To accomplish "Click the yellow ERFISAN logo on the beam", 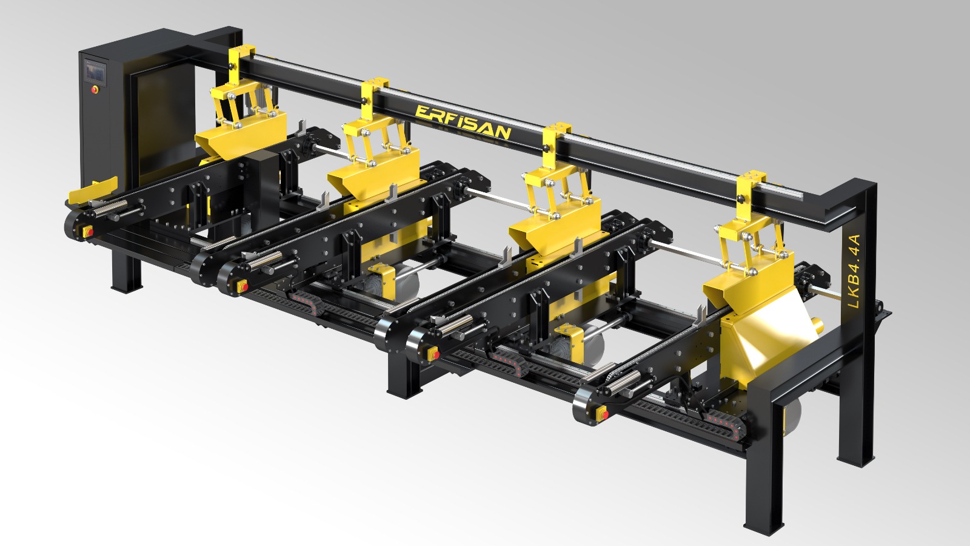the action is pyautogui.click(x=463, y=122).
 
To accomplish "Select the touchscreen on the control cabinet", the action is pyautogui.click(x=95, y=72).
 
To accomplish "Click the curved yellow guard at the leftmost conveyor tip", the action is pyautogui.click(x=93, y=190).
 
